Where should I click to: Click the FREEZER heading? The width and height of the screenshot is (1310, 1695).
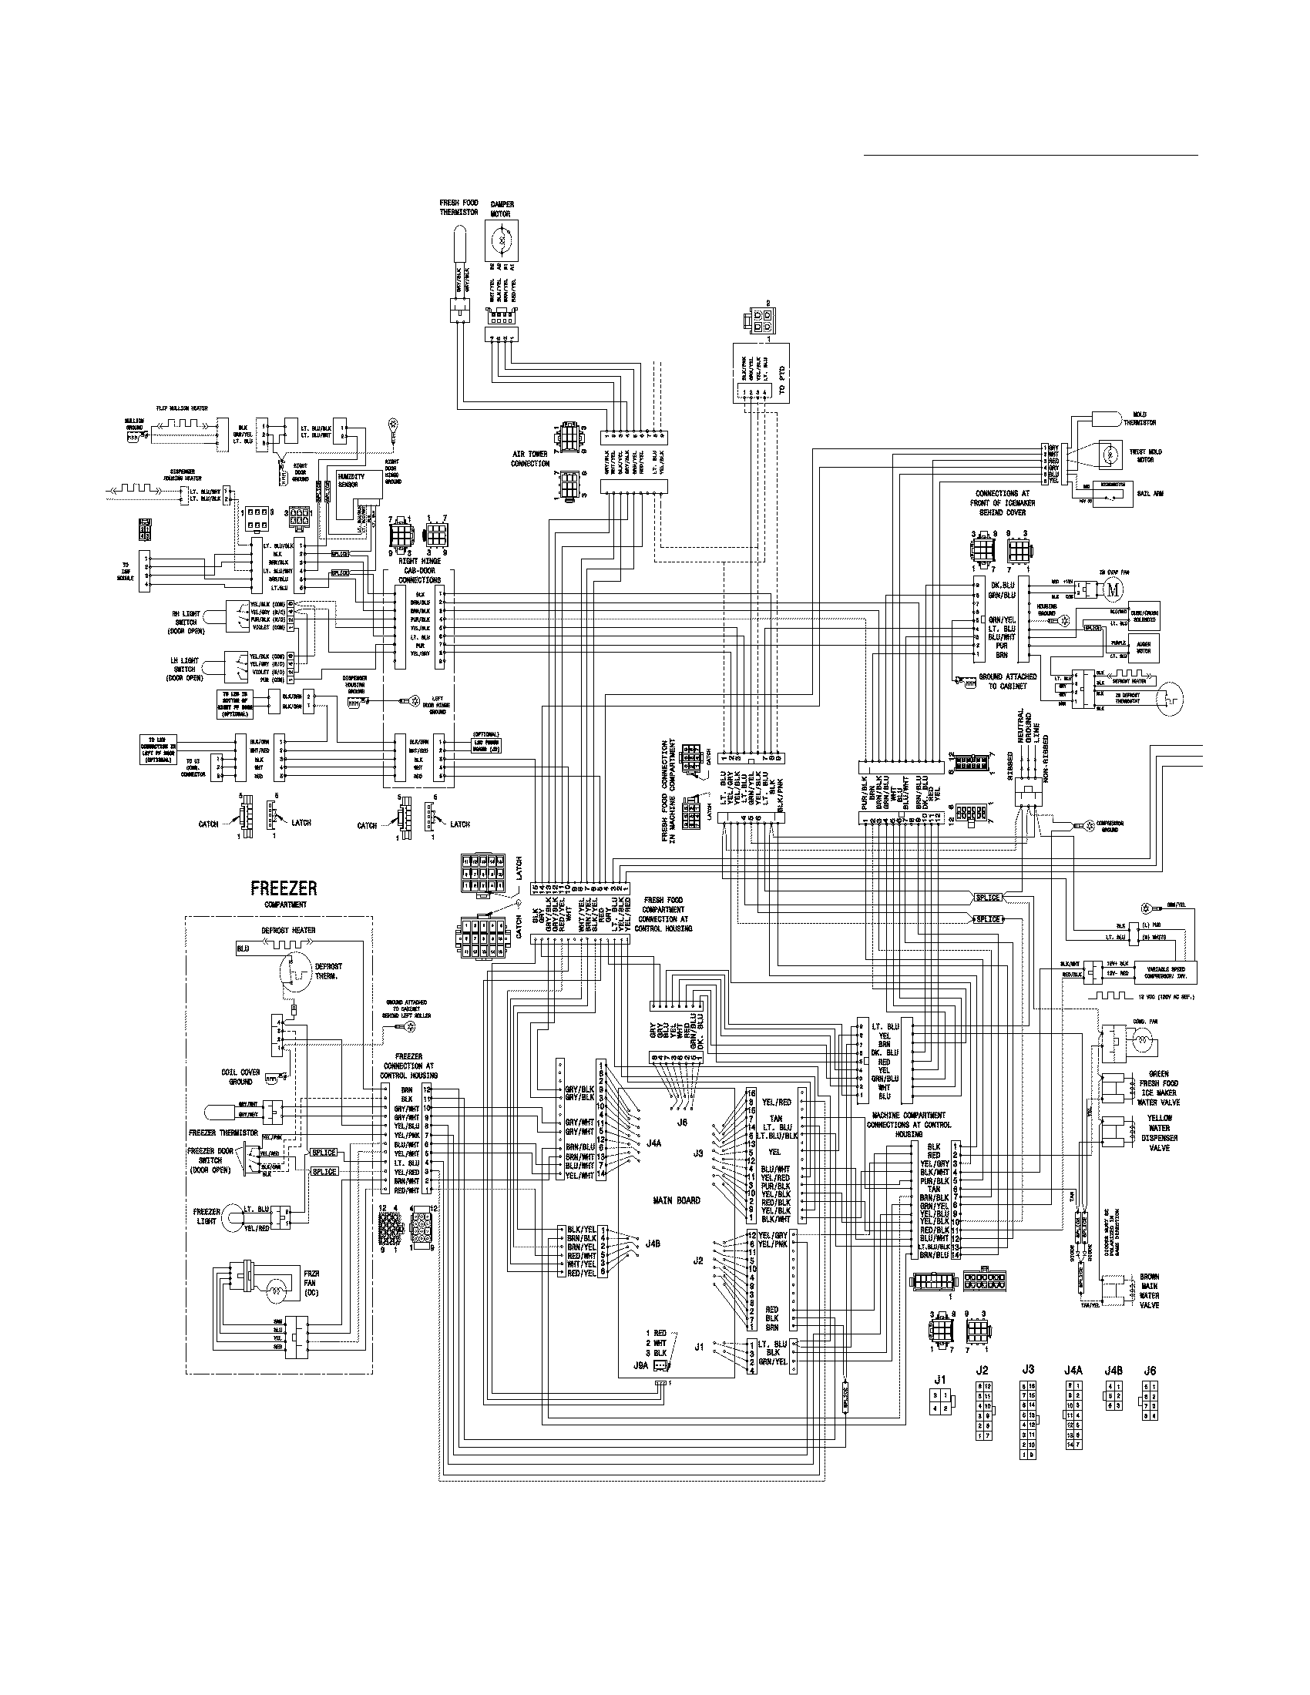coord(283,888)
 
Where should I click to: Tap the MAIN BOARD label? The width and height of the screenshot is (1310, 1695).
coord(676,1200)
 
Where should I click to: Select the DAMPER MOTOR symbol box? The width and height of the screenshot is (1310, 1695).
coord(502,240)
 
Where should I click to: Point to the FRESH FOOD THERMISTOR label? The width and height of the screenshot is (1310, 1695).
coord(458,207)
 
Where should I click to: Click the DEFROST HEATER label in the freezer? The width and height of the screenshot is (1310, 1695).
coord(289,930)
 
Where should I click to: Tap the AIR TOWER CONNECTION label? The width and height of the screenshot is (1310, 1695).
coord(530,458)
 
